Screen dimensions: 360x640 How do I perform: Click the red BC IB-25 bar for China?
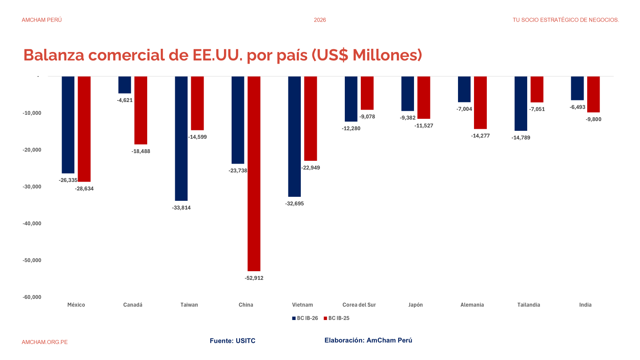254,174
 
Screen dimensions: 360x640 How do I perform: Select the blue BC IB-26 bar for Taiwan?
181,138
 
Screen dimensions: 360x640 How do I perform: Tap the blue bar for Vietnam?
294,136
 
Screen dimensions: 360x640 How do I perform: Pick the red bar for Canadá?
141,110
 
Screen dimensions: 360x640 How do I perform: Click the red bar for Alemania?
480,103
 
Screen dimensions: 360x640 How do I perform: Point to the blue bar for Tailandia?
521,104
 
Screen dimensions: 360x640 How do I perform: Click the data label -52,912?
254,278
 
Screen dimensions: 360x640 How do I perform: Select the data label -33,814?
181,208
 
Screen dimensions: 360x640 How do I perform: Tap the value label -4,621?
125,100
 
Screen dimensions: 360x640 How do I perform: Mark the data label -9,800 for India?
594,119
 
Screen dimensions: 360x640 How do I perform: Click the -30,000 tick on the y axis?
32,187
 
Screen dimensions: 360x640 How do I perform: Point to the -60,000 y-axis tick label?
32,297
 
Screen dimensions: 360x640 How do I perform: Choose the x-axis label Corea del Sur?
359,305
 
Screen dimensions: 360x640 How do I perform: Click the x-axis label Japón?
416,305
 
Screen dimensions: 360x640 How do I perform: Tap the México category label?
76,305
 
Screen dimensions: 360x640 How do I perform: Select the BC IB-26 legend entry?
305,318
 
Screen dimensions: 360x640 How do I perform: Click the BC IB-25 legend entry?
337,318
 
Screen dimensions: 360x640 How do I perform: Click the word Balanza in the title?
54,55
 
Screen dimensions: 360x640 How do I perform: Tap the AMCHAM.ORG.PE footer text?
45,342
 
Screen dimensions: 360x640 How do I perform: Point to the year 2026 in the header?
320,20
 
